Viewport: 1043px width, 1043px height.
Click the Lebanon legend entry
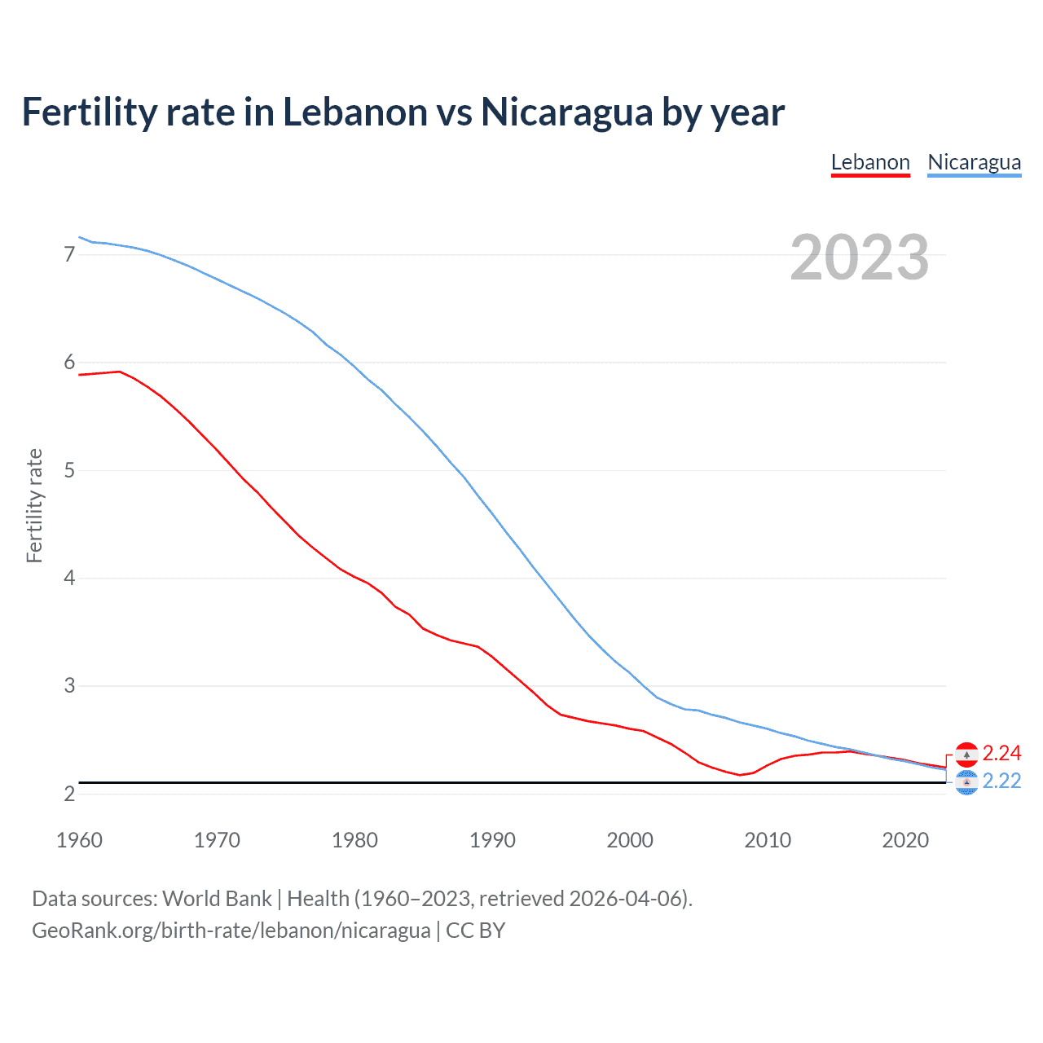[x=870, y=162]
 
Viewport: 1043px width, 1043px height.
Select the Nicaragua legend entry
[x=974, y=162]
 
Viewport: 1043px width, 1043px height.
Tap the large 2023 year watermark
[x=859, y=257]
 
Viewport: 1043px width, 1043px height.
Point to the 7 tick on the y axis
[x=69, y=254]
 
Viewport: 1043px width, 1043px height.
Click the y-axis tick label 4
[x=69, y=578]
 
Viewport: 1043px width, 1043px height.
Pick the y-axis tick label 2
[x=69, y=794]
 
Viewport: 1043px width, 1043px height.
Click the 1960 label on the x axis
[x=79, y=840]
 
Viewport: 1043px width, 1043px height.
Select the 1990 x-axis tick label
[x=492, y=840]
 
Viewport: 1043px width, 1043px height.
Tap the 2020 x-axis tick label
[x=905, y=840]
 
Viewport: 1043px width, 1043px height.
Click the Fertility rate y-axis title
[x=34, y=505]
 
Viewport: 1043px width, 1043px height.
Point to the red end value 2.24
[x=1001, y=753]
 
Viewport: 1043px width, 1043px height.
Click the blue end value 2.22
[x=1001, y=781]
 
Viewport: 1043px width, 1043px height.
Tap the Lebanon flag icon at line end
[x=966, y=754]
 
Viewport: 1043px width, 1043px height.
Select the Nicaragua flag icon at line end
[x=966, y=782]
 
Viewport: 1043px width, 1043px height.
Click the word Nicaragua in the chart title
[x=566, y=112]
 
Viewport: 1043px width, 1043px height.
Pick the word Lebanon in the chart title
[x=354, y=112]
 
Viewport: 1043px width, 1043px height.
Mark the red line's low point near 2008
[x=740, y=775]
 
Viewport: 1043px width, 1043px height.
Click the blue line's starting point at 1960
[x=79, y=237]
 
